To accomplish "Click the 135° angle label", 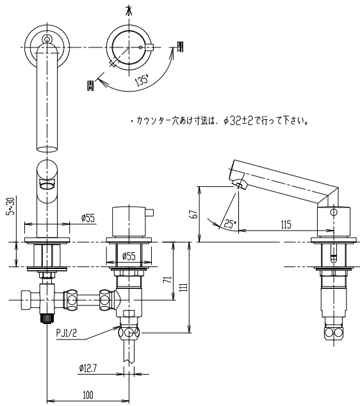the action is [142, 80].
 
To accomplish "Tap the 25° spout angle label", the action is [230, 223].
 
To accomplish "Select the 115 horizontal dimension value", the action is [286, 225].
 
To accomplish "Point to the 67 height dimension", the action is [195, 214].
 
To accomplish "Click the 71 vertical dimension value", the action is [168, 279].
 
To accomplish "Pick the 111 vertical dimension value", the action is [184, 288].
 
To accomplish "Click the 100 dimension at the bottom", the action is [88, 395].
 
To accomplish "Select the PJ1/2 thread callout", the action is [67, 333].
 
